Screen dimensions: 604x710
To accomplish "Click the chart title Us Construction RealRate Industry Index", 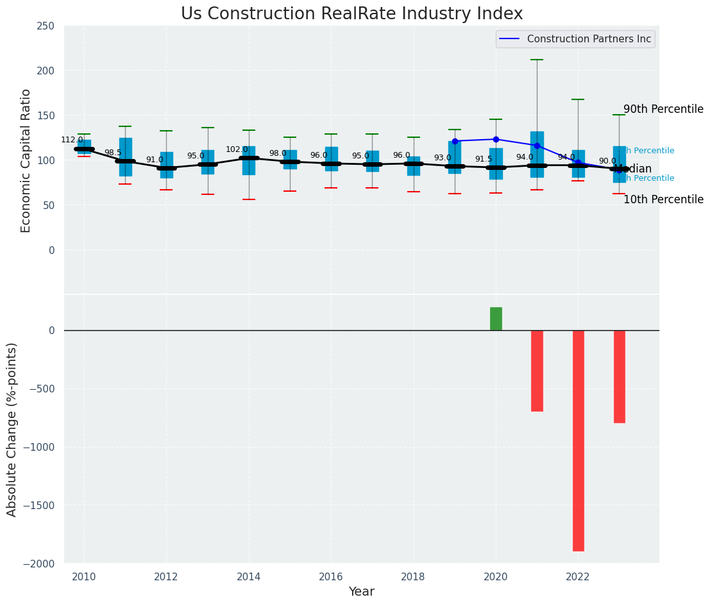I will [351, 14].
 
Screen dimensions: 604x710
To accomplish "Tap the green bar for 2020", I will [496, 319].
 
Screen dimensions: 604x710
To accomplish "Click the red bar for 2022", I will [578, 440].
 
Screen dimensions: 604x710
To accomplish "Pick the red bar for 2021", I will [537, 371].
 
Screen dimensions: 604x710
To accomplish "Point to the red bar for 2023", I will [619, 376].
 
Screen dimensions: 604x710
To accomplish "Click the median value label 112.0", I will [72, 140].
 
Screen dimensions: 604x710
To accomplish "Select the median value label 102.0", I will [236, 149].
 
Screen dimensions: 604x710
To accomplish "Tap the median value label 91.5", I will [483, 159].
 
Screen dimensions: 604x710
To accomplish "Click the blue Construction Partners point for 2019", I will [455, 141].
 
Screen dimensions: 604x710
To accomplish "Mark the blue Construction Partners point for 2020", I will [496, 139].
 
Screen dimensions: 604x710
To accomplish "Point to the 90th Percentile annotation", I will [663, 109].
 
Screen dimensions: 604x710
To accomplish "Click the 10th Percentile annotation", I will [663, 199].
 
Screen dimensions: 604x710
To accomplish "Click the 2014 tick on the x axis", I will [249, 576].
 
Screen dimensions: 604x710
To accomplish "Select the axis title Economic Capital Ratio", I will [26, 160].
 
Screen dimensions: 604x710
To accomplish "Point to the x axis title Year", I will [361, 592].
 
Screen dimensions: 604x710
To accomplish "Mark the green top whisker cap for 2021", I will [537, 60].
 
